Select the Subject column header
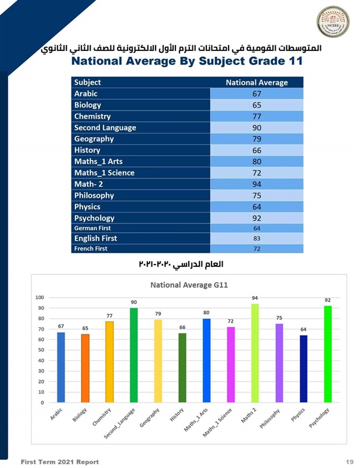88,82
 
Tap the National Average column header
257,82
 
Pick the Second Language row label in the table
105,128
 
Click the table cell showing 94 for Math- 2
257,184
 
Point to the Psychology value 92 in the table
257,218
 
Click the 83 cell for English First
257,238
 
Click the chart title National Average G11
189,285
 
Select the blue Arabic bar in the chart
61,367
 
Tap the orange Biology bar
85,369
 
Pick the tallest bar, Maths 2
255,353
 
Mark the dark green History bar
182,368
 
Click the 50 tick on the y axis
41,350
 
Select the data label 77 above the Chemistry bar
109,316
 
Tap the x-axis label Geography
150,419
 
